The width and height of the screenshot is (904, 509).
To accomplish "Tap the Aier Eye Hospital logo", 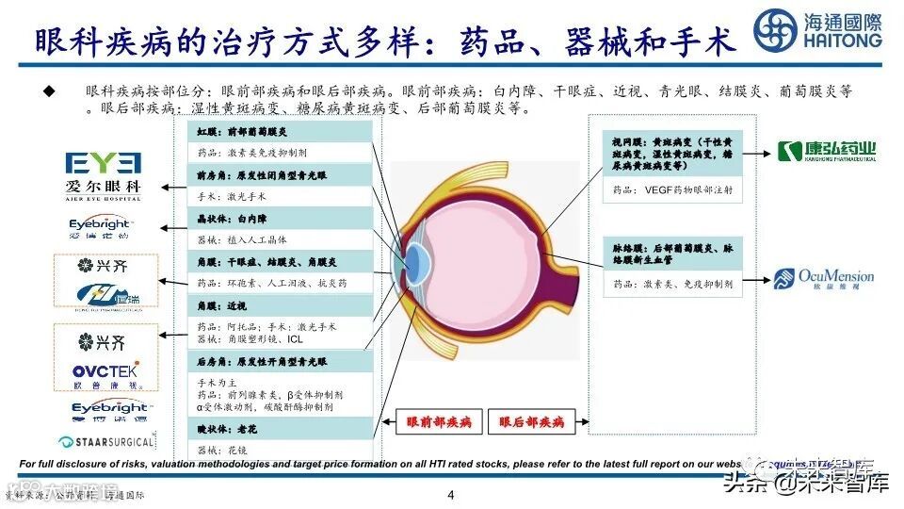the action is [104, 175].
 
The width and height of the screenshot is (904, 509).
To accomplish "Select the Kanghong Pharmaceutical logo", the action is [826, 150].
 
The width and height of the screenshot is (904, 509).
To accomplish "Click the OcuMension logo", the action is [824, 277].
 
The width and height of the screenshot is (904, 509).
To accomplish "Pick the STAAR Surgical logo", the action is [105, 441].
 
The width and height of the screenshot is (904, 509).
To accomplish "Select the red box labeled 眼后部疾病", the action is [531, 422].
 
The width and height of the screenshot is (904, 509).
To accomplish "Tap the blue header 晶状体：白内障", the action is [225, 218].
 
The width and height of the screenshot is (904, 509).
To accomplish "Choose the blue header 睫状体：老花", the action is [225, 430].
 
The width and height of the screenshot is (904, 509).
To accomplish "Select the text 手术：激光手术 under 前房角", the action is [231, 197].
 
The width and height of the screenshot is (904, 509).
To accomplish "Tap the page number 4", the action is [450, 496].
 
